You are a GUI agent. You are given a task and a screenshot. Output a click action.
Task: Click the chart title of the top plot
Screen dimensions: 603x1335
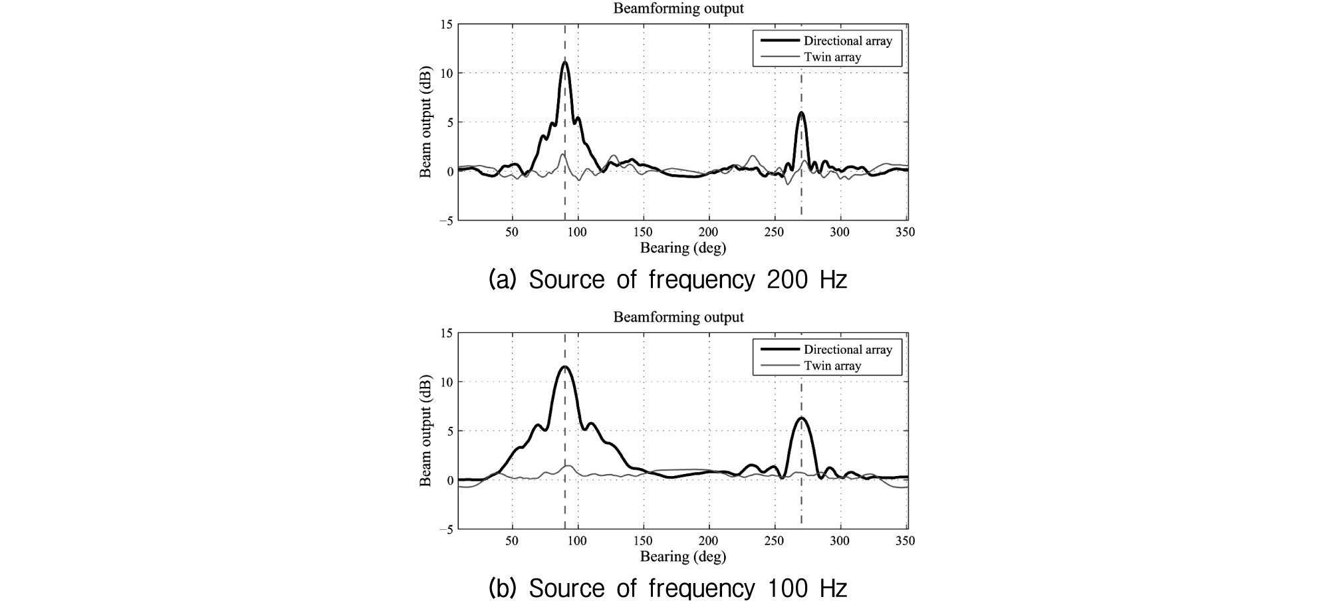(x=678, y=9)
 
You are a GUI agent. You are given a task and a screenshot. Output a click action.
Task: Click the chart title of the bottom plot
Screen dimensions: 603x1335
(x=678, y=317)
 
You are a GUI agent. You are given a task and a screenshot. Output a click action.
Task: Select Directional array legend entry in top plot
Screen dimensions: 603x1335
(x=848, y=41)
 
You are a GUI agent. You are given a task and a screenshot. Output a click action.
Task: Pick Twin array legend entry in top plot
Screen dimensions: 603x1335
(x=832, y=57)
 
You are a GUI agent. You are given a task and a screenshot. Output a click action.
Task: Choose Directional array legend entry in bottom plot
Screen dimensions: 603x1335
(x=848, y=349)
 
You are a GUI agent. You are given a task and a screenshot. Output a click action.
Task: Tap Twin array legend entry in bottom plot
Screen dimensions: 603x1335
(x=832, y=366)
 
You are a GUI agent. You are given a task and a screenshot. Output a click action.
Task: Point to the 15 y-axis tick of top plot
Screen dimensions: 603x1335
(x=446, y=25)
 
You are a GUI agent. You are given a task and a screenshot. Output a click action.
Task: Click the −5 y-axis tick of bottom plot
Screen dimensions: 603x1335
(x=445, y=529)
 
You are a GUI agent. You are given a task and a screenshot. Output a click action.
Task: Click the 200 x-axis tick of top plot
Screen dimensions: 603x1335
(x=709, y=232)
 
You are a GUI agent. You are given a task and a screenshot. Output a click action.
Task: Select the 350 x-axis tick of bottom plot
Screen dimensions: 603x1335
(x=906, y=541)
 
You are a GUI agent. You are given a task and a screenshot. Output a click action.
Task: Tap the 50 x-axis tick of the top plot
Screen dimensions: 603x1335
(x=512, y=232)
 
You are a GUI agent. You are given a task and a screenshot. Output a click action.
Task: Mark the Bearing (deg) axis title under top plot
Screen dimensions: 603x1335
(x=683, y=248)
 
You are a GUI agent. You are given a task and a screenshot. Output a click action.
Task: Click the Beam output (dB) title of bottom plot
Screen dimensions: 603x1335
(x=425, y=431)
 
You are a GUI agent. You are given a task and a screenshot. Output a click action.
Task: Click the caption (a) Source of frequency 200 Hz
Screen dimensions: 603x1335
(x=667, y=280)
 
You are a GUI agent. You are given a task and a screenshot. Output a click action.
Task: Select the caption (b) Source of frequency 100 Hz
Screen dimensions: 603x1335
(x=667, y=588)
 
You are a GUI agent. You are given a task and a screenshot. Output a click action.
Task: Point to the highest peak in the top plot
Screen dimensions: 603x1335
(x=565, y=62)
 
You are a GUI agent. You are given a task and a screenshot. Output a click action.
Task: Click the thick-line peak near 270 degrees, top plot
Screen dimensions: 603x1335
(x=802, y=112)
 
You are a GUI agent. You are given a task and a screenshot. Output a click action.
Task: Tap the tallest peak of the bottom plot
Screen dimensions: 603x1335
(x=565, y=366)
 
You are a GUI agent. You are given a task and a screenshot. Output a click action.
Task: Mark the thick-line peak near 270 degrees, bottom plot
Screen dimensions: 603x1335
(x=802, y=418)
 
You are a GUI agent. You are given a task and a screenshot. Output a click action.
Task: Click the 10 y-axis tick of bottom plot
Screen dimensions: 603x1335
(x=446, y=382)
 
